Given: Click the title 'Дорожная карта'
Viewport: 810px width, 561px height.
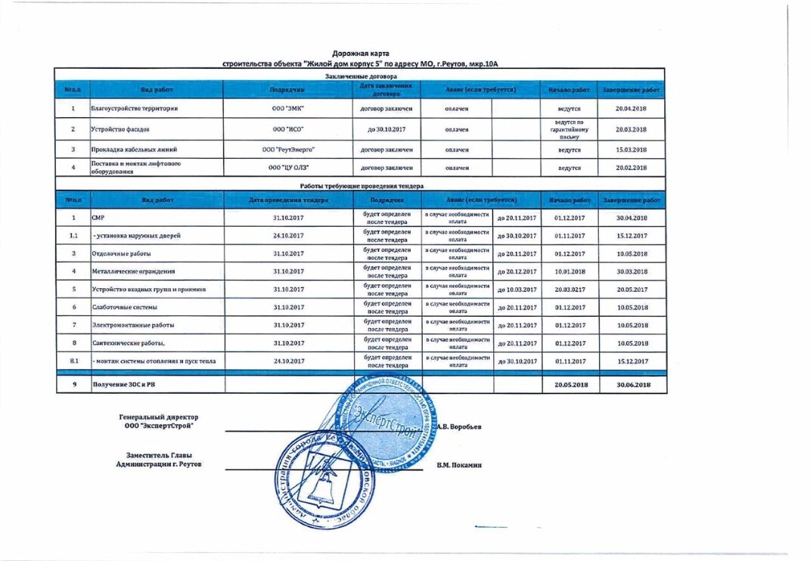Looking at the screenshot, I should [x=360, y=54].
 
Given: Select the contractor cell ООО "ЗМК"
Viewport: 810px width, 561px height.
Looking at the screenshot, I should [x=287, y=109].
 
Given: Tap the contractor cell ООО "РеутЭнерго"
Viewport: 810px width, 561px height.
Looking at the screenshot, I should [x=287, y=150].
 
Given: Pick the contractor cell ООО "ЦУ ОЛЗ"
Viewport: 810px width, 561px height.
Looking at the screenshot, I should [x=287, y=167].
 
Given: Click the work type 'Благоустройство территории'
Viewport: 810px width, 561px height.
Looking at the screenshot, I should [x=135, y=109].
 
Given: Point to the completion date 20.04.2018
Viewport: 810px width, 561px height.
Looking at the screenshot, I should [x=632, y=109].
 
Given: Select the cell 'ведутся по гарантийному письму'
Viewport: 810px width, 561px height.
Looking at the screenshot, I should [x=569, y=129].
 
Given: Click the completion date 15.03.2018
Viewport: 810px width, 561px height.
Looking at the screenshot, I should [x=632, y=150].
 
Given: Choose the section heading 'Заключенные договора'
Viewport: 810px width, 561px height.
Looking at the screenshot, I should [x=360, y=76].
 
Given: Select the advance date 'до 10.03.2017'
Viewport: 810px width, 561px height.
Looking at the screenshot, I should [x=517, y=290].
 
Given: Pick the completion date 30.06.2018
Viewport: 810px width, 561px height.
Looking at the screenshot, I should [x=632, y=385].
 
